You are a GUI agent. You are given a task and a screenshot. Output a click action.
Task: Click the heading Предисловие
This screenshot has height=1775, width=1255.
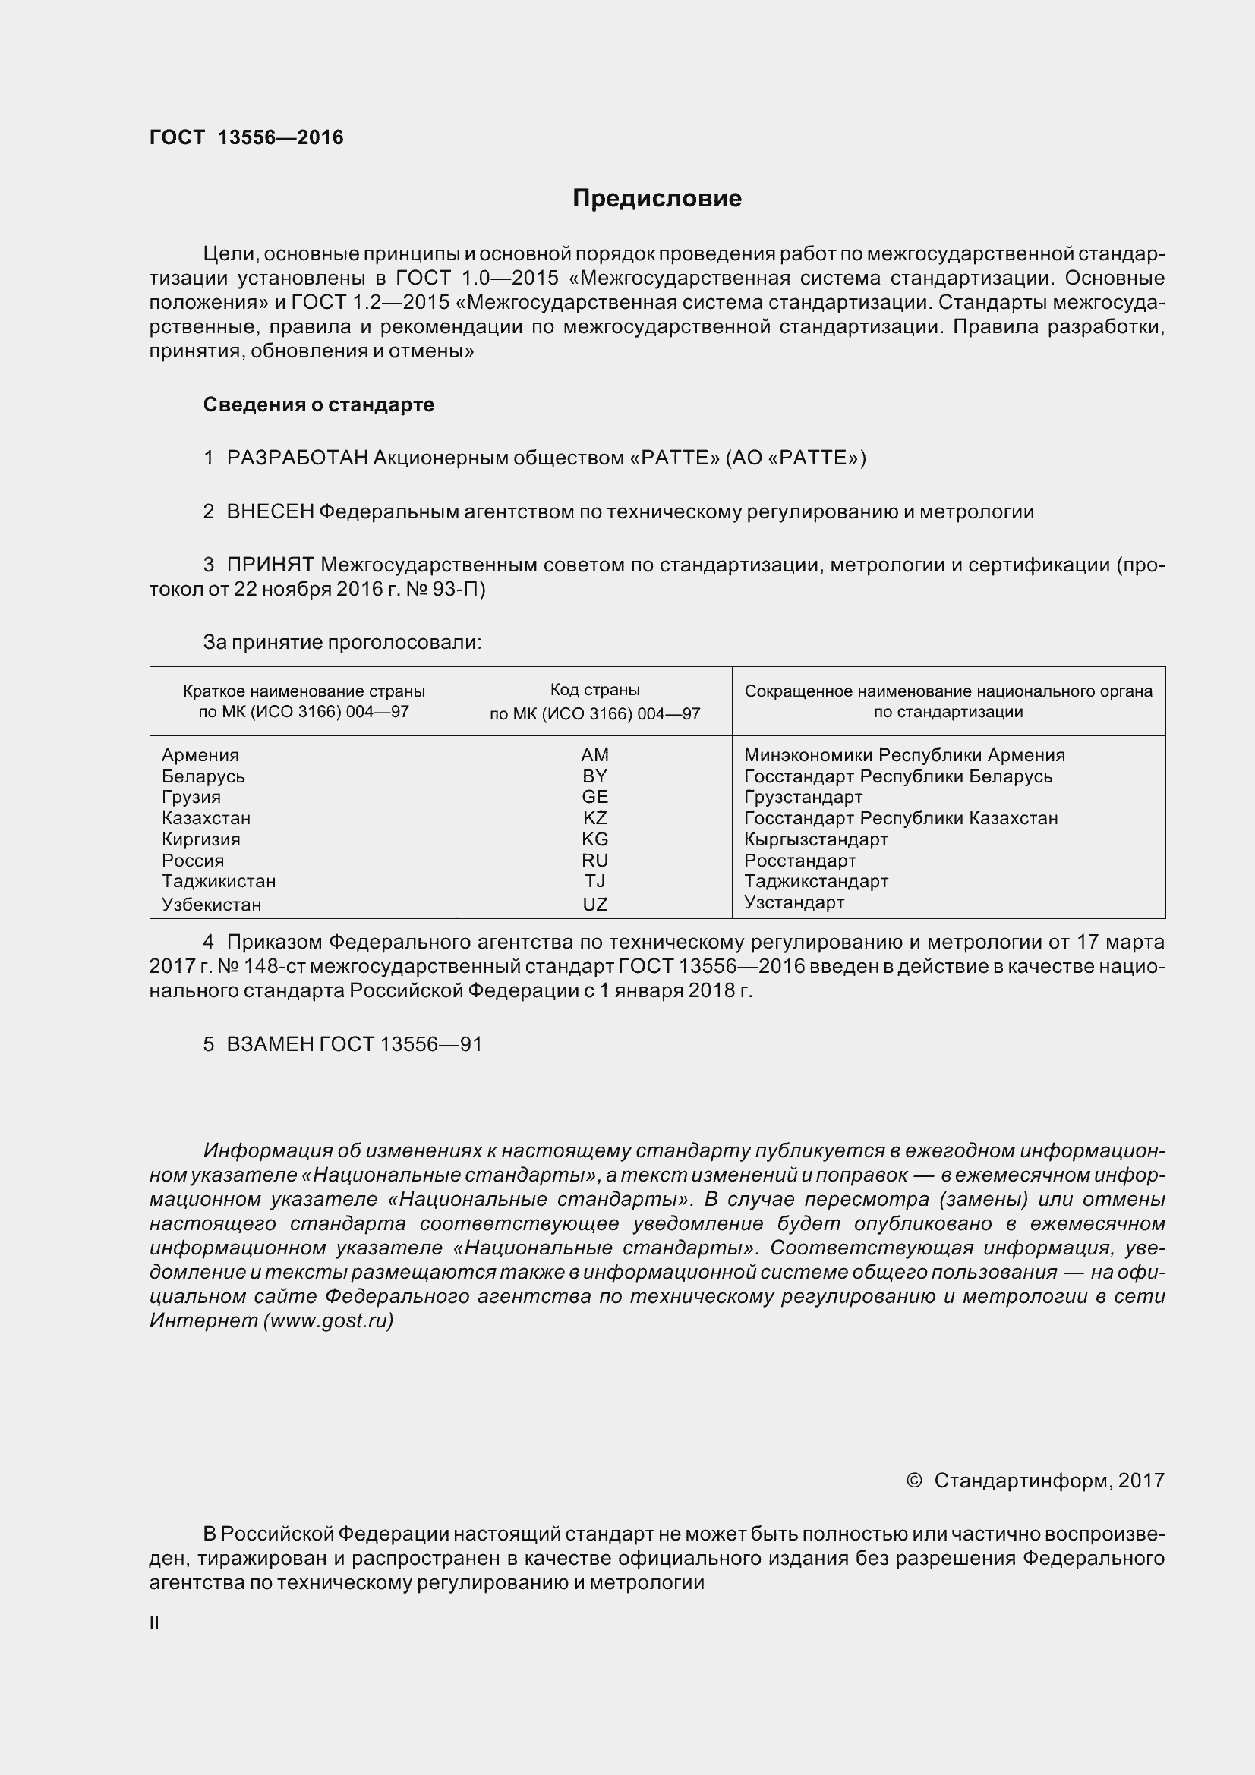(x=657, y=199)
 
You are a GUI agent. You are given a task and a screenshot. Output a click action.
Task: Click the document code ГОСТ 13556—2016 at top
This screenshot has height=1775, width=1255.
(x=246, y=137)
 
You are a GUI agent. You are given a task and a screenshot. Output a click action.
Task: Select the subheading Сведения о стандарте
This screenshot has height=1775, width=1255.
(x=319, y=404)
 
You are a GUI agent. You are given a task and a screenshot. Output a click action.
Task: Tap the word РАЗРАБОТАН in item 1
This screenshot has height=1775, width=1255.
(x=297, y=458)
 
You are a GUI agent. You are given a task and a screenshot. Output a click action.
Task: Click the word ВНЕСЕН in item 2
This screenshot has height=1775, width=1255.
(x=270, y=511)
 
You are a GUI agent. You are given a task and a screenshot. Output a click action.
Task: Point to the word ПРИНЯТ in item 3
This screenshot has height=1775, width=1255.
(x=270, y=565)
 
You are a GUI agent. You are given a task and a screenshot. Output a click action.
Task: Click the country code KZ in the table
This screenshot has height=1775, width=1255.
(x=594, y=818)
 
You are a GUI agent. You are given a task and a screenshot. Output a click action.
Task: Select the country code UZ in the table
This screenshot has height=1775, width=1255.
(x=594, y=904)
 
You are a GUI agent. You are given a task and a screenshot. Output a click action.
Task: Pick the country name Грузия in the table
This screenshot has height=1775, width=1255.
(x=191, y=797)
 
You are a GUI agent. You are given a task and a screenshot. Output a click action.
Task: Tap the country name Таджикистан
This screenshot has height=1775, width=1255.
(x=219, y=881)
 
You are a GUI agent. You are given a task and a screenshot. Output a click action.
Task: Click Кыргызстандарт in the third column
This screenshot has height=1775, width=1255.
(x=816, y=839)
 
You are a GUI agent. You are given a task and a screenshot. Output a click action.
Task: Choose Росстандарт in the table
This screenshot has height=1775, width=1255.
(x=800, y=861)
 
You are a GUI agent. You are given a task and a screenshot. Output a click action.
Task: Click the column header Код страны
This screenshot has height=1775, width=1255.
(x=594, y=690)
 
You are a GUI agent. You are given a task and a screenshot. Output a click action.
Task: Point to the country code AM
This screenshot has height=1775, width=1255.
(x=594, y=755)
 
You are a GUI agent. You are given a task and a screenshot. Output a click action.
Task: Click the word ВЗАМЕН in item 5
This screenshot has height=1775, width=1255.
(x=270, y=1044)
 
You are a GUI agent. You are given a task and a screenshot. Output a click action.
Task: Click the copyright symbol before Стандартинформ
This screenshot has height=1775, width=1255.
(x=914, y=1480)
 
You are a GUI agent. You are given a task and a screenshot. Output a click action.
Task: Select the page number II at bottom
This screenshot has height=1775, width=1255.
(x=154, y=1623)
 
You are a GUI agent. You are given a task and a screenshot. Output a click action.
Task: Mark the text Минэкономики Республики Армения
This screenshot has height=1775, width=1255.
(x=904, y=755)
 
